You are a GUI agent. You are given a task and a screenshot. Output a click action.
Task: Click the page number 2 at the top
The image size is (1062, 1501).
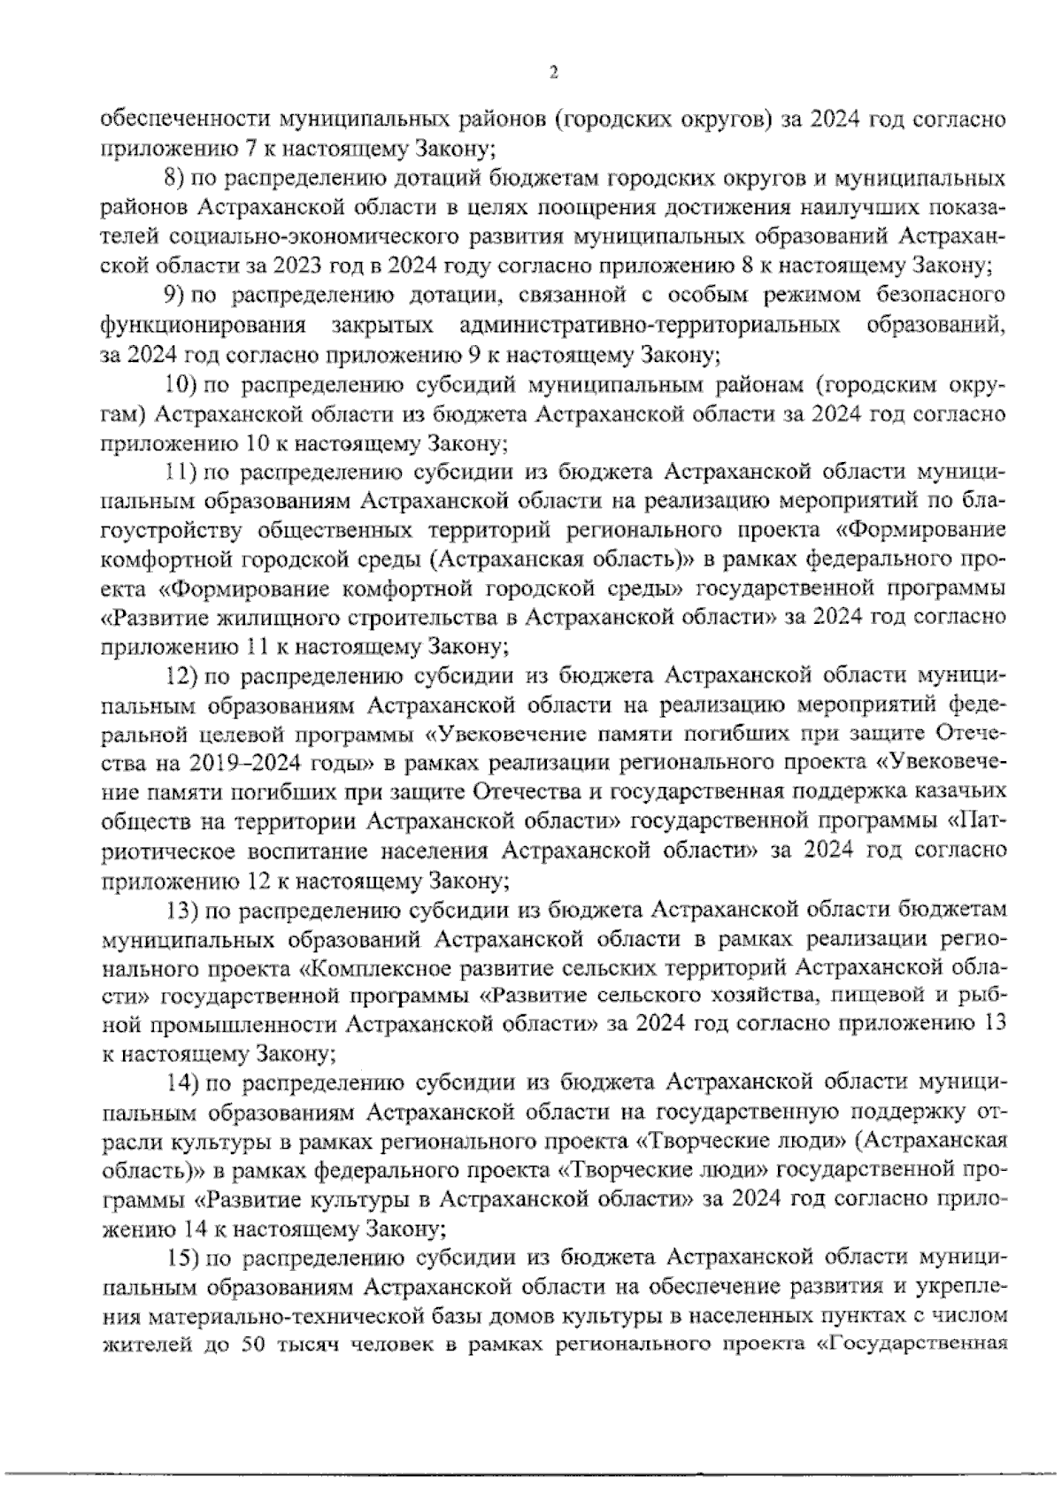coord(553,73)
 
